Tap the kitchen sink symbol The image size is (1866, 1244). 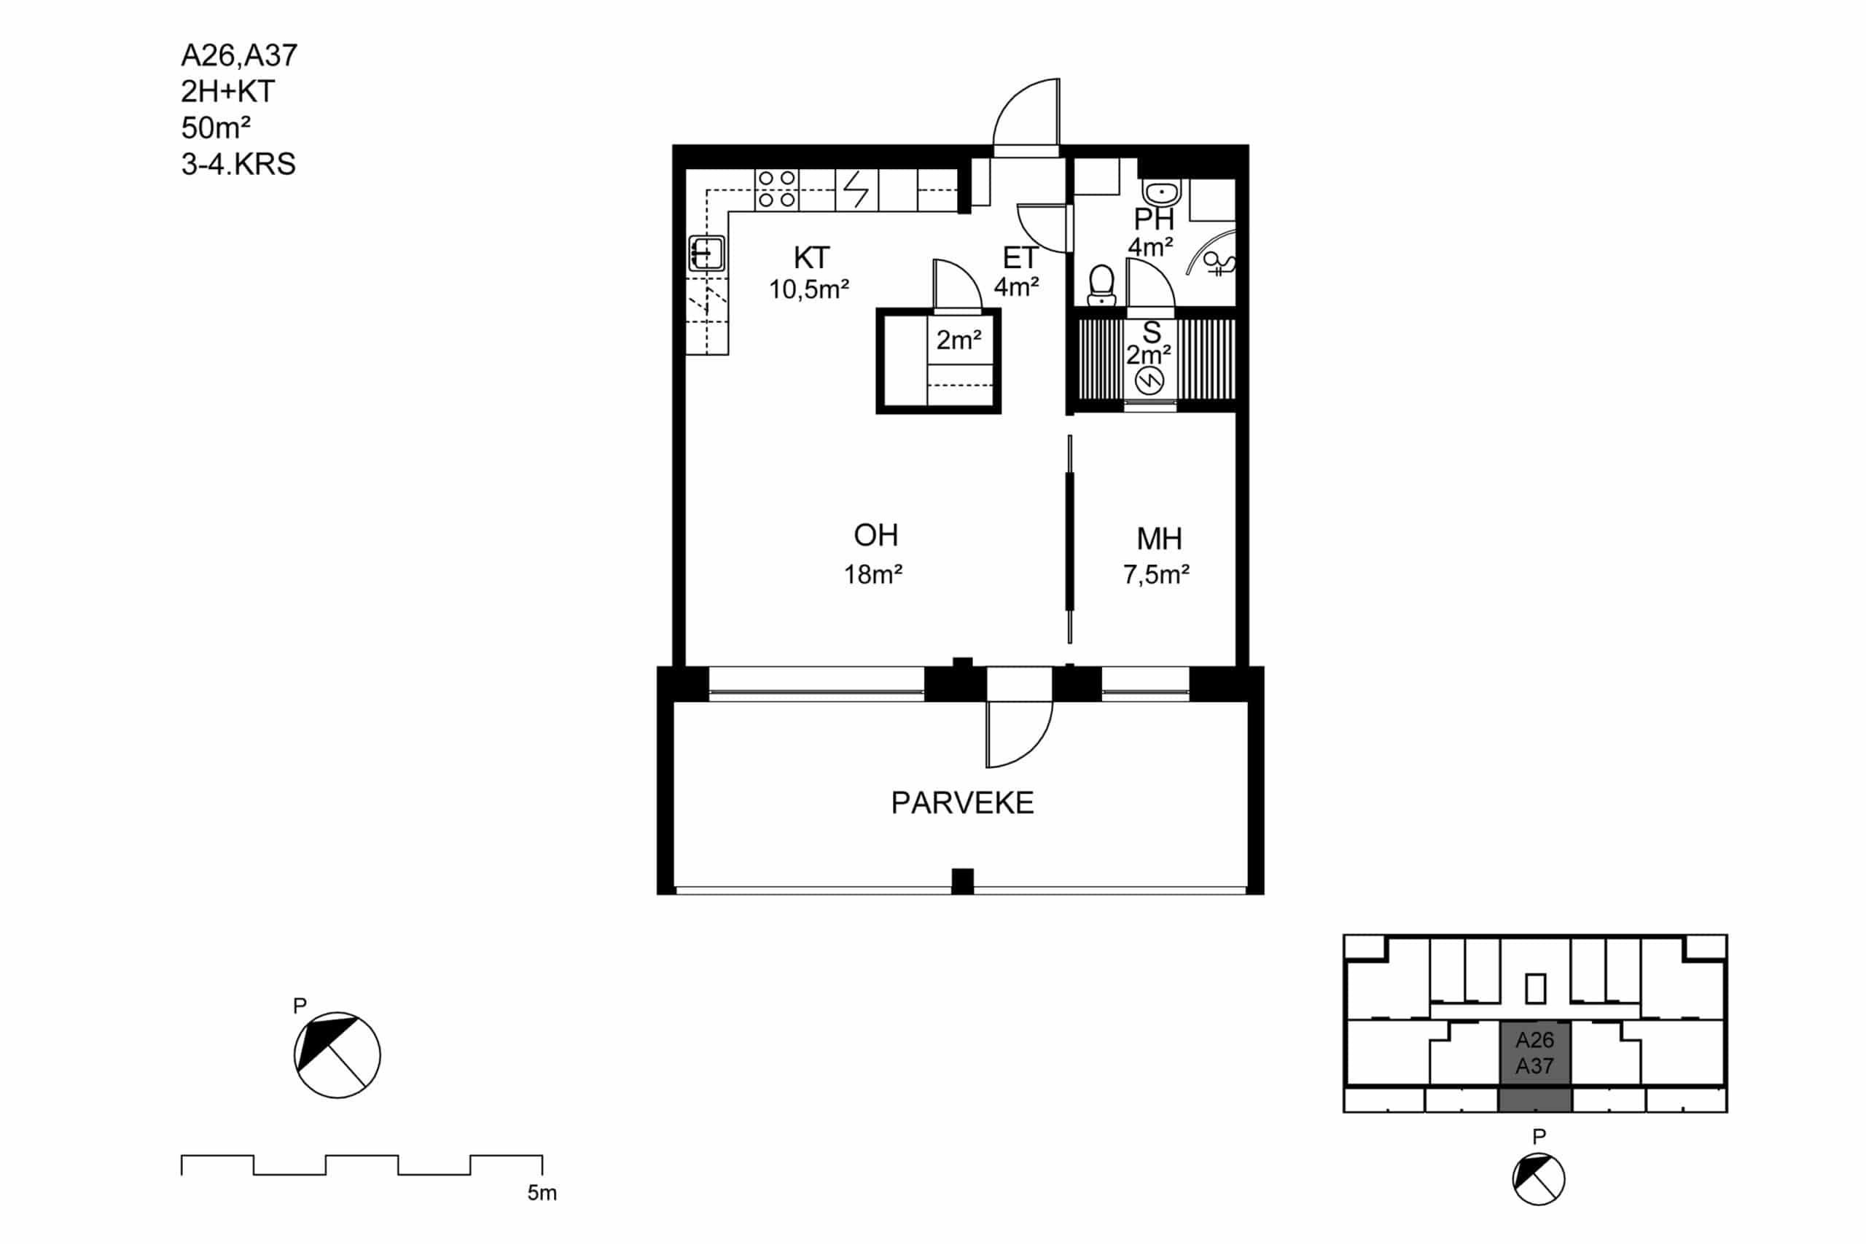point(706,253)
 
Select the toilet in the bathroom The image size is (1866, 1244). point(1101,285)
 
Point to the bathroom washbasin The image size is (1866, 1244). point(1161,191)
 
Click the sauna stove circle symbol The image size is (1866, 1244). point(1149,383)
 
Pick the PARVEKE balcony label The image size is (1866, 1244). point(961,803)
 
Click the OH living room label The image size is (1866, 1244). point(876,536)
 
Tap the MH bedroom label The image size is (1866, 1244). point(1159,539)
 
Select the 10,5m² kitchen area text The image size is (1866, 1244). point(809,289)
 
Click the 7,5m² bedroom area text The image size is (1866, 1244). point(1156,574)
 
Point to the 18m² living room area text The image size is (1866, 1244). point(873,574)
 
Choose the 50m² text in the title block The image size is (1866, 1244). point(216,127)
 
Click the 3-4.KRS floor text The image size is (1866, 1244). point(238,164)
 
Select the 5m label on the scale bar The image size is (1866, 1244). point(542,1192)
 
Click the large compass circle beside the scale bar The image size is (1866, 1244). point(337,1055)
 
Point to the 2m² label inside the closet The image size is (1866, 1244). point(959,340)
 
